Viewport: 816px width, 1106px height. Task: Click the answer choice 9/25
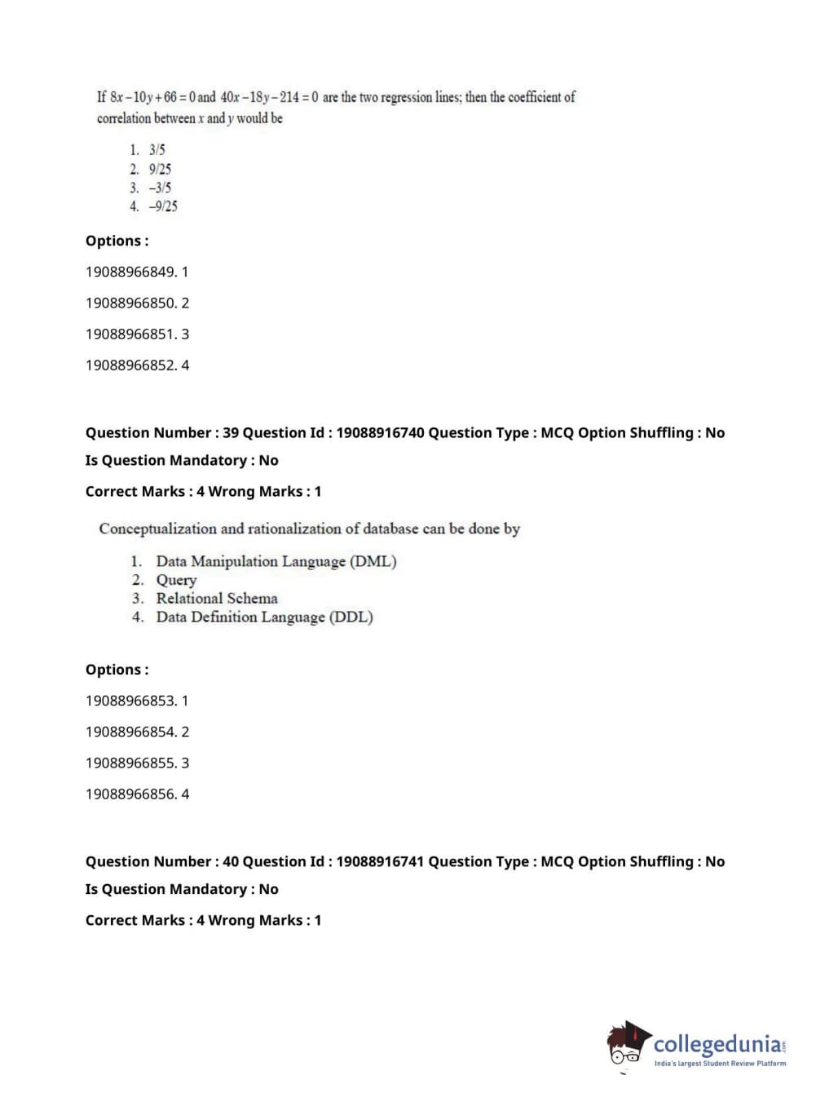point(160,169)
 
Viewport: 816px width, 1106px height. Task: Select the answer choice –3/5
point(160,188)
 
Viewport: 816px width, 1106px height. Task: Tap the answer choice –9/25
point(162,206)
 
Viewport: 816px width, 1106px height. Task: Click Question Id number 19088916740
point(380,432)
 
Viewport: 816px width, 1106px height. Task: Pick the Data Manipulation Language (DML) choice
point(276,561)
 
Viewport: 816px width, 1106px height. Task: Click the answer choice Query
point(176,580)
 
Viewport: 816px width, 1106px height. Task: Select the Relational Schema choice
point(217,598)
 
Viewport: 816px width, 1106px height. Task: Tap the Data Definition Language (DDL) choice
point(264,617)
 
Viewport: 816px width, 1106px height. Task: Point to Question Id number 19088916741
point(380,861)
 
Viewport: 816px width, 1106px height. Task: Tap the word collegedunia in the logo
point(717,1044)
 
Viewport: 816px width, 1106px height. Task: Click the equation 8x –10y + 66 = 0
point(152,97)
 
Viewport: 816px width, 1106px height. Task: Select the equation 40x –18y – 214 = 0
point(269,97)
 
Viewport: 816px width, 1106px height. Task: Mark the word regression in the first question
point(405,97)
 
